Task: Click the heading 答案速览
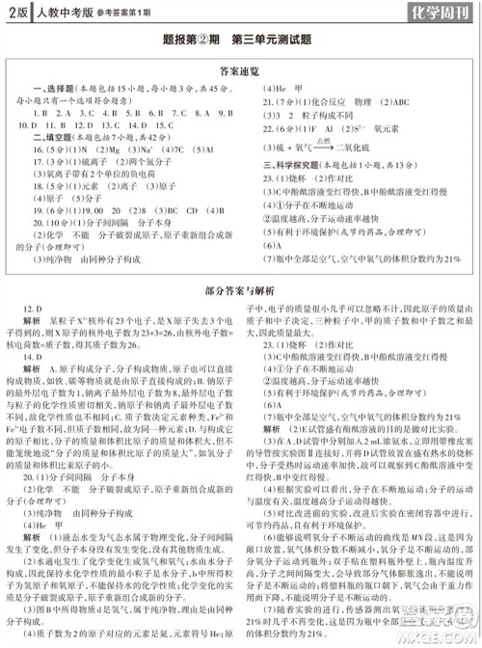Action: [240, 71]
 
